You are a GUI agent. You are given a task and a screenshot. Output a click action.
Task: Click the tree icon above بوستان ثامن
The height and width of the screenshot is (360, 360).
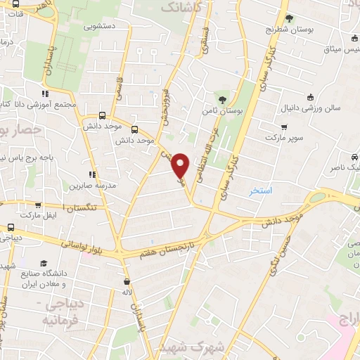(x=223, y=99)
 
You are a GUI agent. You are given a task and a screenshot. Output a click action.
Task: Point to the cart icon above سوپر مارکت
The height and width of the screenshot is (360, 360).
(x=283, y=127)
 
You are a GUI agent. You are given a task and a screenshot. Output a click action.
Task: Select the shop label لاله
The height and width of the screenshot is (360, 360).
(x=127, y=290)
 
